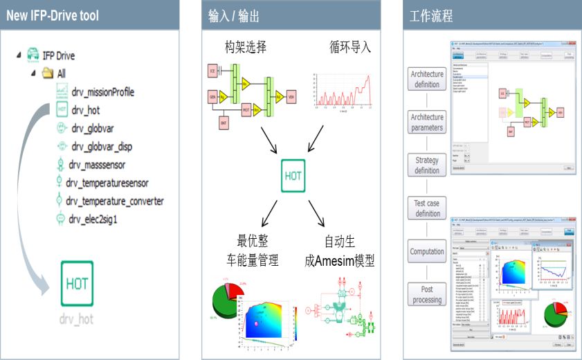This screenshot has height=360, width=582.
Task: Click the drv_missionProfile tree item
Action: (102, 92)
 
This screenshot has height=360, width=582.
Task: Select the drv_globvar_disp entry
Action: (101, 147)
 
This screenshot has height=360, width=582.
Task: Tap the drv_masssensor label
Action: (97, 165)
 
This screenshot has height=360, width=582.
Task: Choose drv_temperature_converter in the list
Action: (115, 201)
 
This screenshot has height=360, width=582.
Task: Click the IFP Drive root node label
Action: (59, 55)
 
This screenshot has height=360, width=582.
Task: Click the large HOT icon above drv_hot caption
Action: (75, 283)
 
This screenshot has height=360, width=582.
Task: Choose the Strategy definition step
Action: (427, 165)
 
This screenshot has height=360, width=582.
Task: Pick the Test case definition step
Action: (427, 208)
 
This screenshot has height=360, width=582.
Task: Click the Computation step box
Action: (427, 251)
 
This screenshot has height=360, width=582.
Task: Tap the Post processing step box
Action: (427, 294)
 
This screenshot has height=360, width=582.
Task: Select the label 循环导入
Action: (350, 47)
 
